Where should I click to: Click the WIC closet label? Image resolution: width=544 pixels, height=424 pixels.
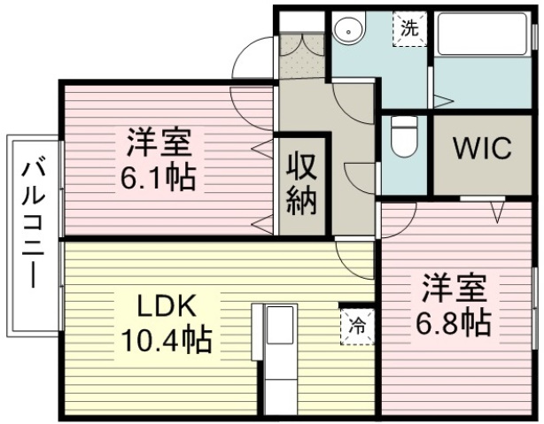coord(483,148)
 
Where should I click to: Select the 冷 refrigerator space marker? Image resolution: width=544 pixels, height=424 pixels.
coord(357,327)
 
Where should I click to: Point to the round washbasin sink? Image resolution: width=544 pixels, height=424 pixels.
coord(349,30)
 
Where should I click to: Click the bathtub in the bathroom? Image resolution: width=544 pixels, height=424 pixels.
coord(482,34)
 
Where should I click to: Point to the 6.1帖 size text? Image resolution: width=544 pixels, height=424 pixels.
coord(158,178)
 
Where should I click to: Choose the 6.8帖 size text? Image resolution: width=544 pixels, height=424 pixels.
coord(453,323)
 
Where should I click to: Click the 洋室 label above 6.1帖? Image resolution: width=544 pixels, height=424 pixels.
coord(159,143)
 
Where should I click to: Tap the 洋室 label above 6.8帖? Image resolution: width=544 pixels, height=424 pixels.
coord(454,289)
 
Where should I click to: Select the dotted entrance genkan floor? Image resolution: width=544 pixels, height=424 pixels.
coord(302,55)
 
